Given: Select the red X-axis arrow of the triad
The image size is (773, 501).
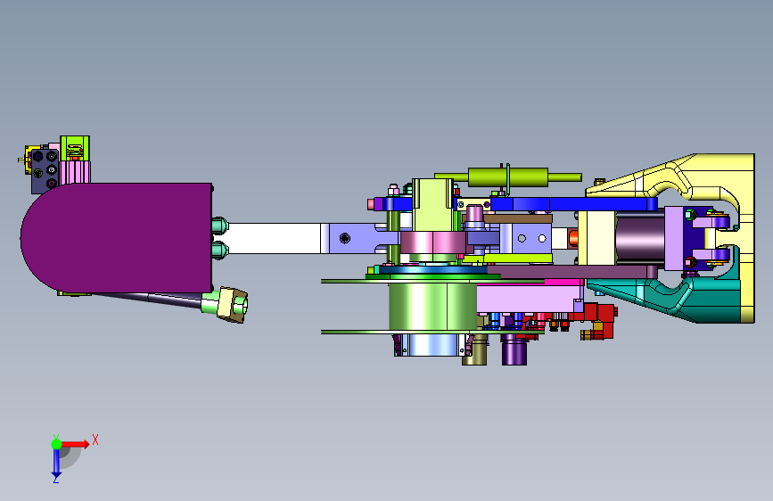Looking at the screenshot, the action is click(x=75, y=444).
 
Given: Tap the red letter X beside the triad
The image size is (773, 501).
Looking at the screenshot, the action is click(x=95, y=439).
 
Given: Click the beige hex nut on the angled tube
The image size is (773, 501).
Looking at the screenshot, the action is click(x=233, y=305).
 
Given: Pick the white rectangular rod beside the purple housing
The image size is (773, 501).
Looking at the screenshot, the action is click(x=274, y=238).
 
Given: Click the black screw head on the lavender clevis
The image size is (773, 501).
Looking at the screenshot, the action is click(x=345, y=239).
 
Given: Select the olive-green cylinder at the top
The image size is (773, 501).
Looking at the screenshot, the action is click(x=508, y=177).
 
